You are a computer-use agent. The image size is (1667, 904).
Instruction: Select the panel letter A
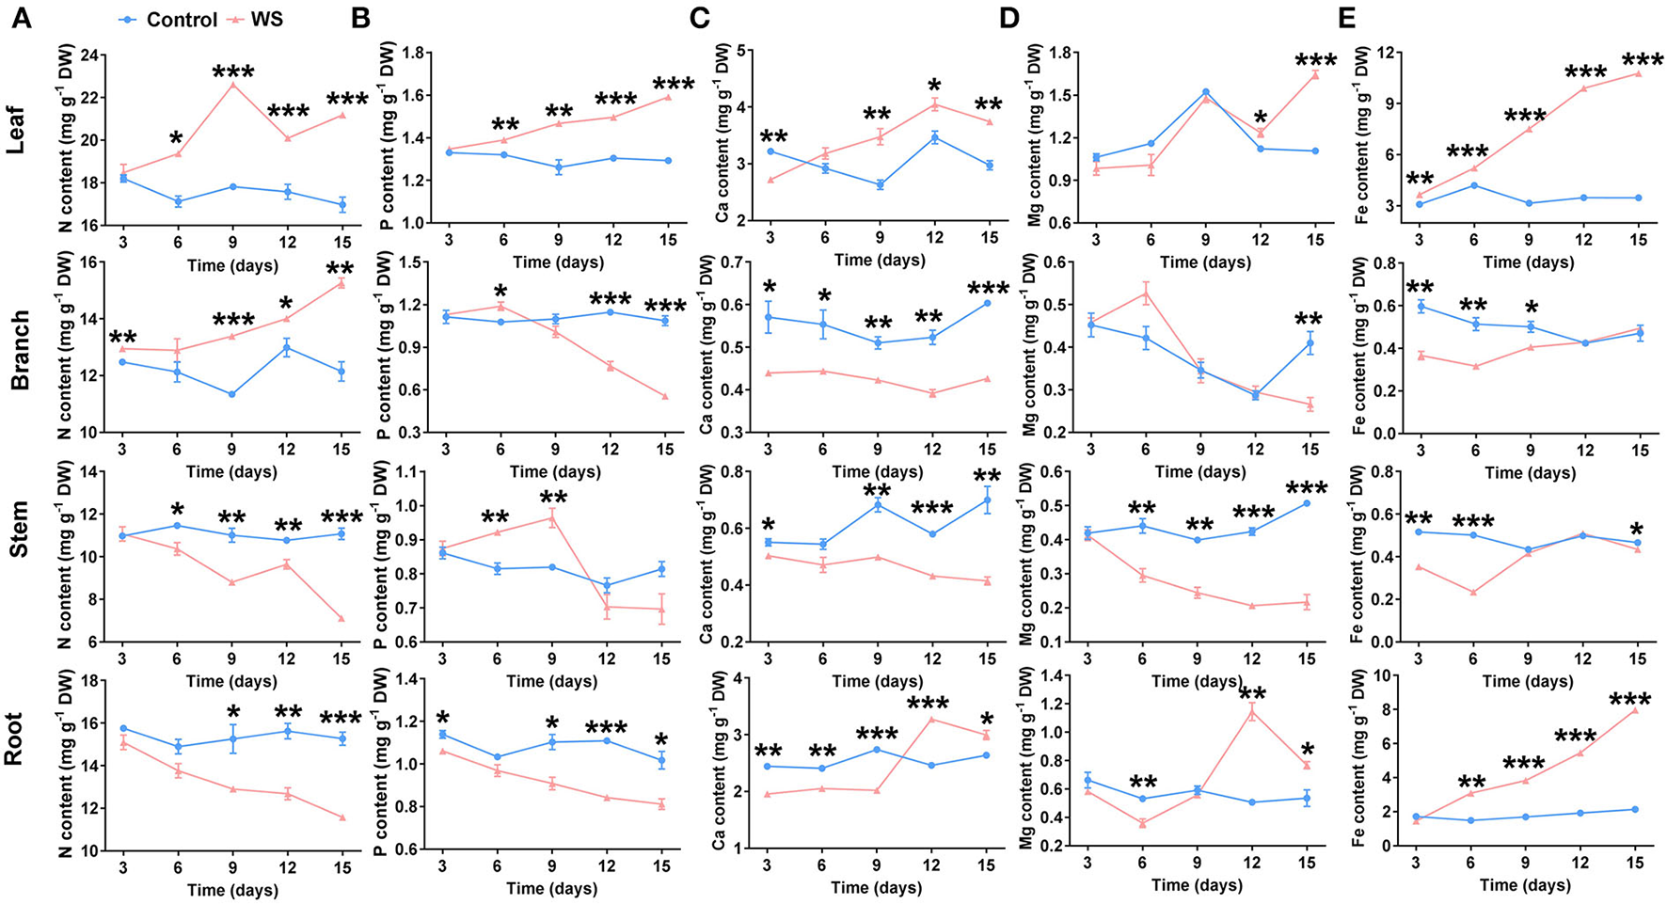point(21,19)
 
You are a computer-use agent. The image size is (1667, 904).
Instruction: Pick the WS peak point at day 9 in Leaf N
point(231,85)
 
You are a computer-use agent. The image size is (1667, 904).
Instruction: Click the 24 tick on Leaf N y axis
point(93,55)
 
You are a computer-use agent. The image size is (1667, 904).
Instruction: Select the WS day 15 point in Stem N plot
point(341,618)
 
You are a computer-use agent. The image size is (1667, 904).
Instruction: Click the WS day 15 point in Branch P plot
point(665,396)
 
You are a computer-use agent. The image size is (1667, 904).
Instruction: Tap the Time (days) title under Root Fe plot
point(1524,885)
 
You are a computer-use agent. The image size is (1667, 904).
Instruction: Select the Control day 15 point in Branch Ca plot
point(987,303)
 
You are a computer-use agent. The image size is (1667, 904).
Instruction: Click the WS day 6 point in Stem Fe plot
point(1473,593)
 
